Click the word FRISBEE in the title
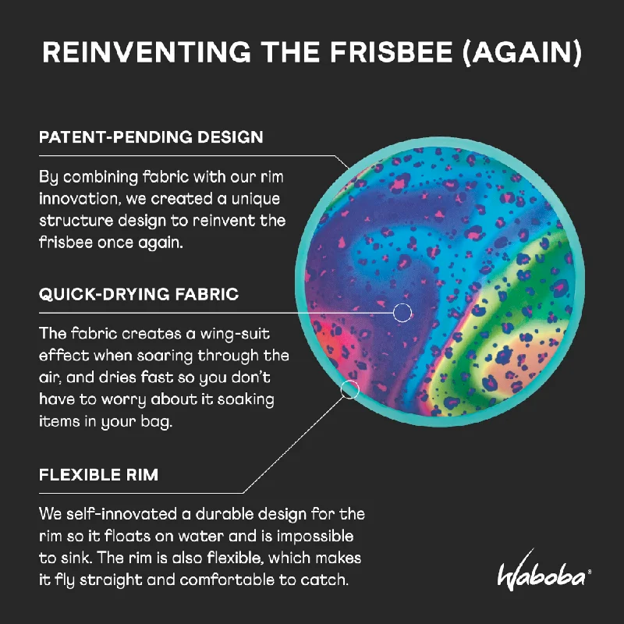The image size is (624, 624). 392,52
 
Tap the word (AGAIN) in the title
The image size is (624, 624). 522,53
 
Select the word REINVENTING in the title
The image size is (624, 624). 147,52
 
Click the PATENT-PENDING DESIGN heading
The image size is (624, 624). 151,137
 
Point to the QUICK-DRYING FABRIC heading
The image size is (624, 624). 139,294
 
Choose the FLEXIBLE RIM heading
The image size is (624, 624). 99,474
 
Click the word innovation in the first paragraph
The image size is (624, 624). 80,199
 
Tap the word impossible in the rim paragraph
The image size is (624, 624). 315,537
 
